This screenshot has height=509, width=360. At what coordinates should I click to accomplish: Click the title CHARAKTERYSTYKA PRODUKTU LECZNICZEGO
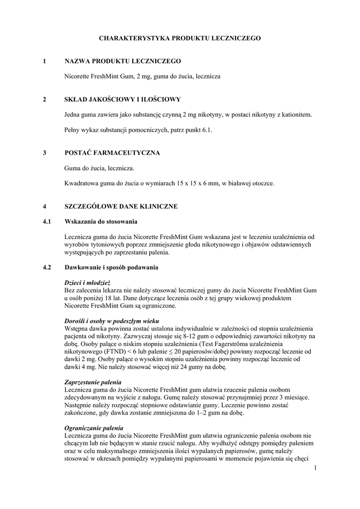pos(180,38)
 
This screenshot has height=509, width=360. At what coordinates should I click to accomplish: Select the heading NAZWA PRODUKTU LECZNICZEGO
pos(123,61)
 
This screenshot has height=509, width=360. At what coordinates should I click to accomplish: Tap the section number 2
pos(45,99)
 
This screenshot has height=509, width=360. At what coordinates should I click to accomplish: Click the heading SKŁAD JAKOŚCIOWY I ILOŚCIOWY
pos(123,99)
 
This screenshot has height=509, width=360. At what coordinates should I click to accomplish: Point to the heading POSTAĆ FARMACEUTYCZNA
pos(112,153)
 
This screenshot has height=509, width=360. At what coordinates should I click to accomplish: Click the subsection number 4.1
pos(47,221)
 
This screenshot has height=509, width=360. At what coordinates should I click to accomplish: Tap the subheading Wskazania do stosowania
pos(101,221)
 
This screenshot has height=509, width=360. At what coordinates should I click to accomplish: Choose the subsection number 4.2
pos(47,267)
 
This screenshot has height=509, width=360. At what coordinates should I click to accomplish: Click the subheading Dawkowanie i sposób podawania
pos(111,267)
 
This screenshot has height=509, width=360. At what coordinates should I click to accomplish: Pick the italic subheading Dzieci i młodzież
pos(87,282)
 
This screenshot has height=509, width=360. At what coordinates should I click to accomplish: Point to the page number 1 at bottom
pos(315,468)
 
